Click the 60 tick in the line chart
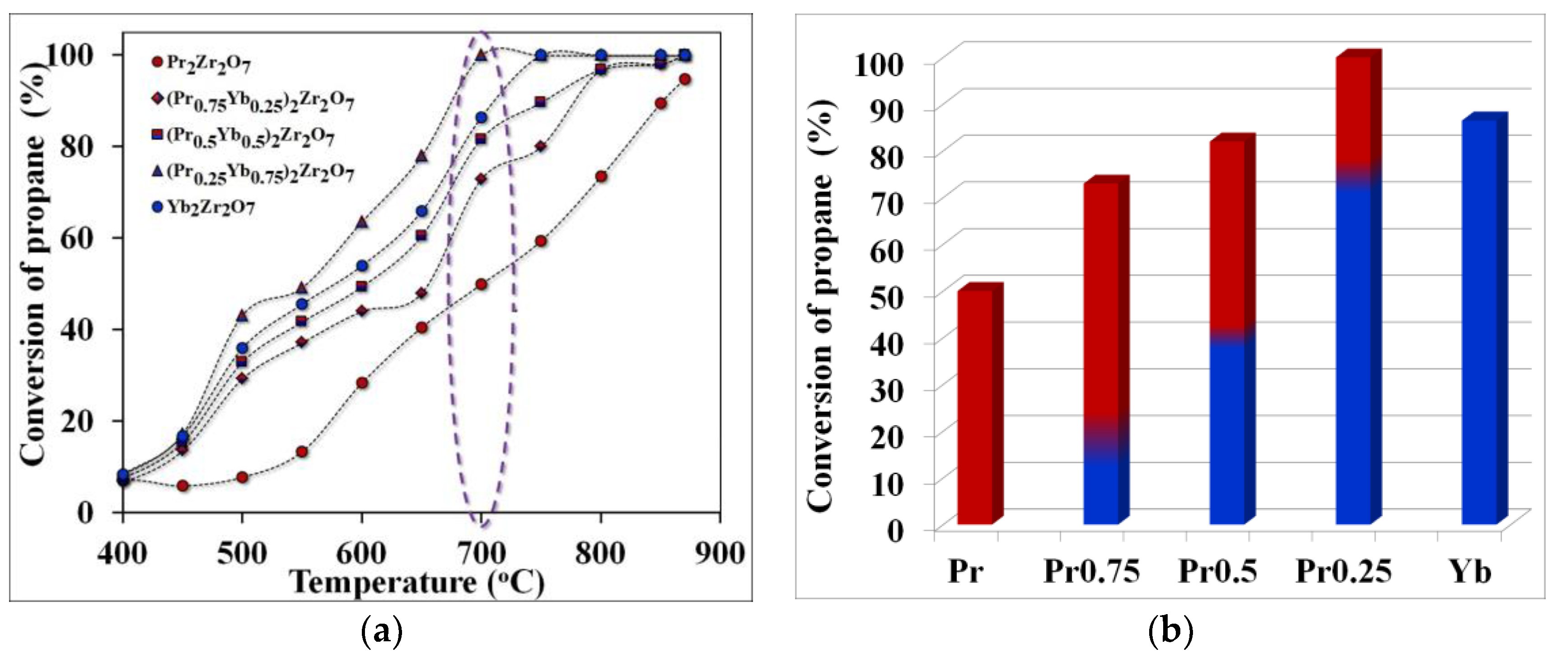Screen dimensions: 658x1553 click(x=77, y=238)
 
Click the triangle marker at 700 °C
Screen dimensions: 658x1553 click(x=481, y=55)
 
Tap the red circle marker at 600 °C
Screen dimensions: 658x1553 click(x=362, y=383)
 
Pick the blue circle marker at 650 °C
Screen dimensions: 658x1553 click(x=421, y=211)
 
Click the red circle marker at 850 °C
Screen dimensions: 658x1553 click(x=661, y=103)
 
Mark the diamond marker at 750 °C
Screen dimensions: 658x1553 click(x=541, y=146)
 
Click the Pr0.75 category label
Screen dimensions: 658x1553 click(x=1092, y=570)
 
